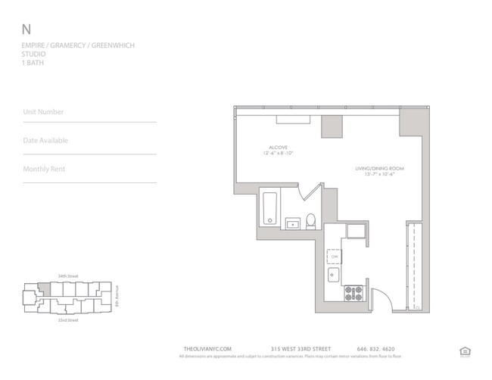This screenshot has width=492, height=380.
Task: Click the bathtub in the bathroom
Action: (x=269, y=208)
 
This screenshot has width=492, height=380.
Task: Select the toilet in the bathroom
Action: (x=310, y=221)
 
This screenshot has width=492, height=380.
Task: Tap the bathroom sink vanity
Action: (x=292, y=223)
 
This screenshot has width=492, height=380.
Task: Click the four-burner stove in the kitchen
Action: (x=353, y=291)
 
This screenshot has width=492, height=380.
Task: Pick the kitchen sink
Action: (x=334, y=274)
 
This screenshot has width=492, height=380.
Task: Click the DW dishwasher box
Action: (x=334, y=256)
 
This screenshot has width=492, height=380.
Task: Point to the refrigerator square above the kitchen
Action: (x=357, y=231)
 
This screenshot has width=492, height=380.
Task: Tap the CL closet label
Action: (x=416, y=308)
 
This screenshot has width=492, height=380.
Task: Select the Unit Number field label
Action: (x=44, y=112)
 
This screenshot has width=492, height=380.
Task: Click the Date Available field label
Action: (x=45, y=141)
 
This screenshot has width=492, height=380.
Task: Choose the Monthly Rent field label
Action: (x=44, y=169)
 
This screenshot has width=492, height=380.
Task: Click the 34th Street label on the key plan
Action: (x=68, y=276)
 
